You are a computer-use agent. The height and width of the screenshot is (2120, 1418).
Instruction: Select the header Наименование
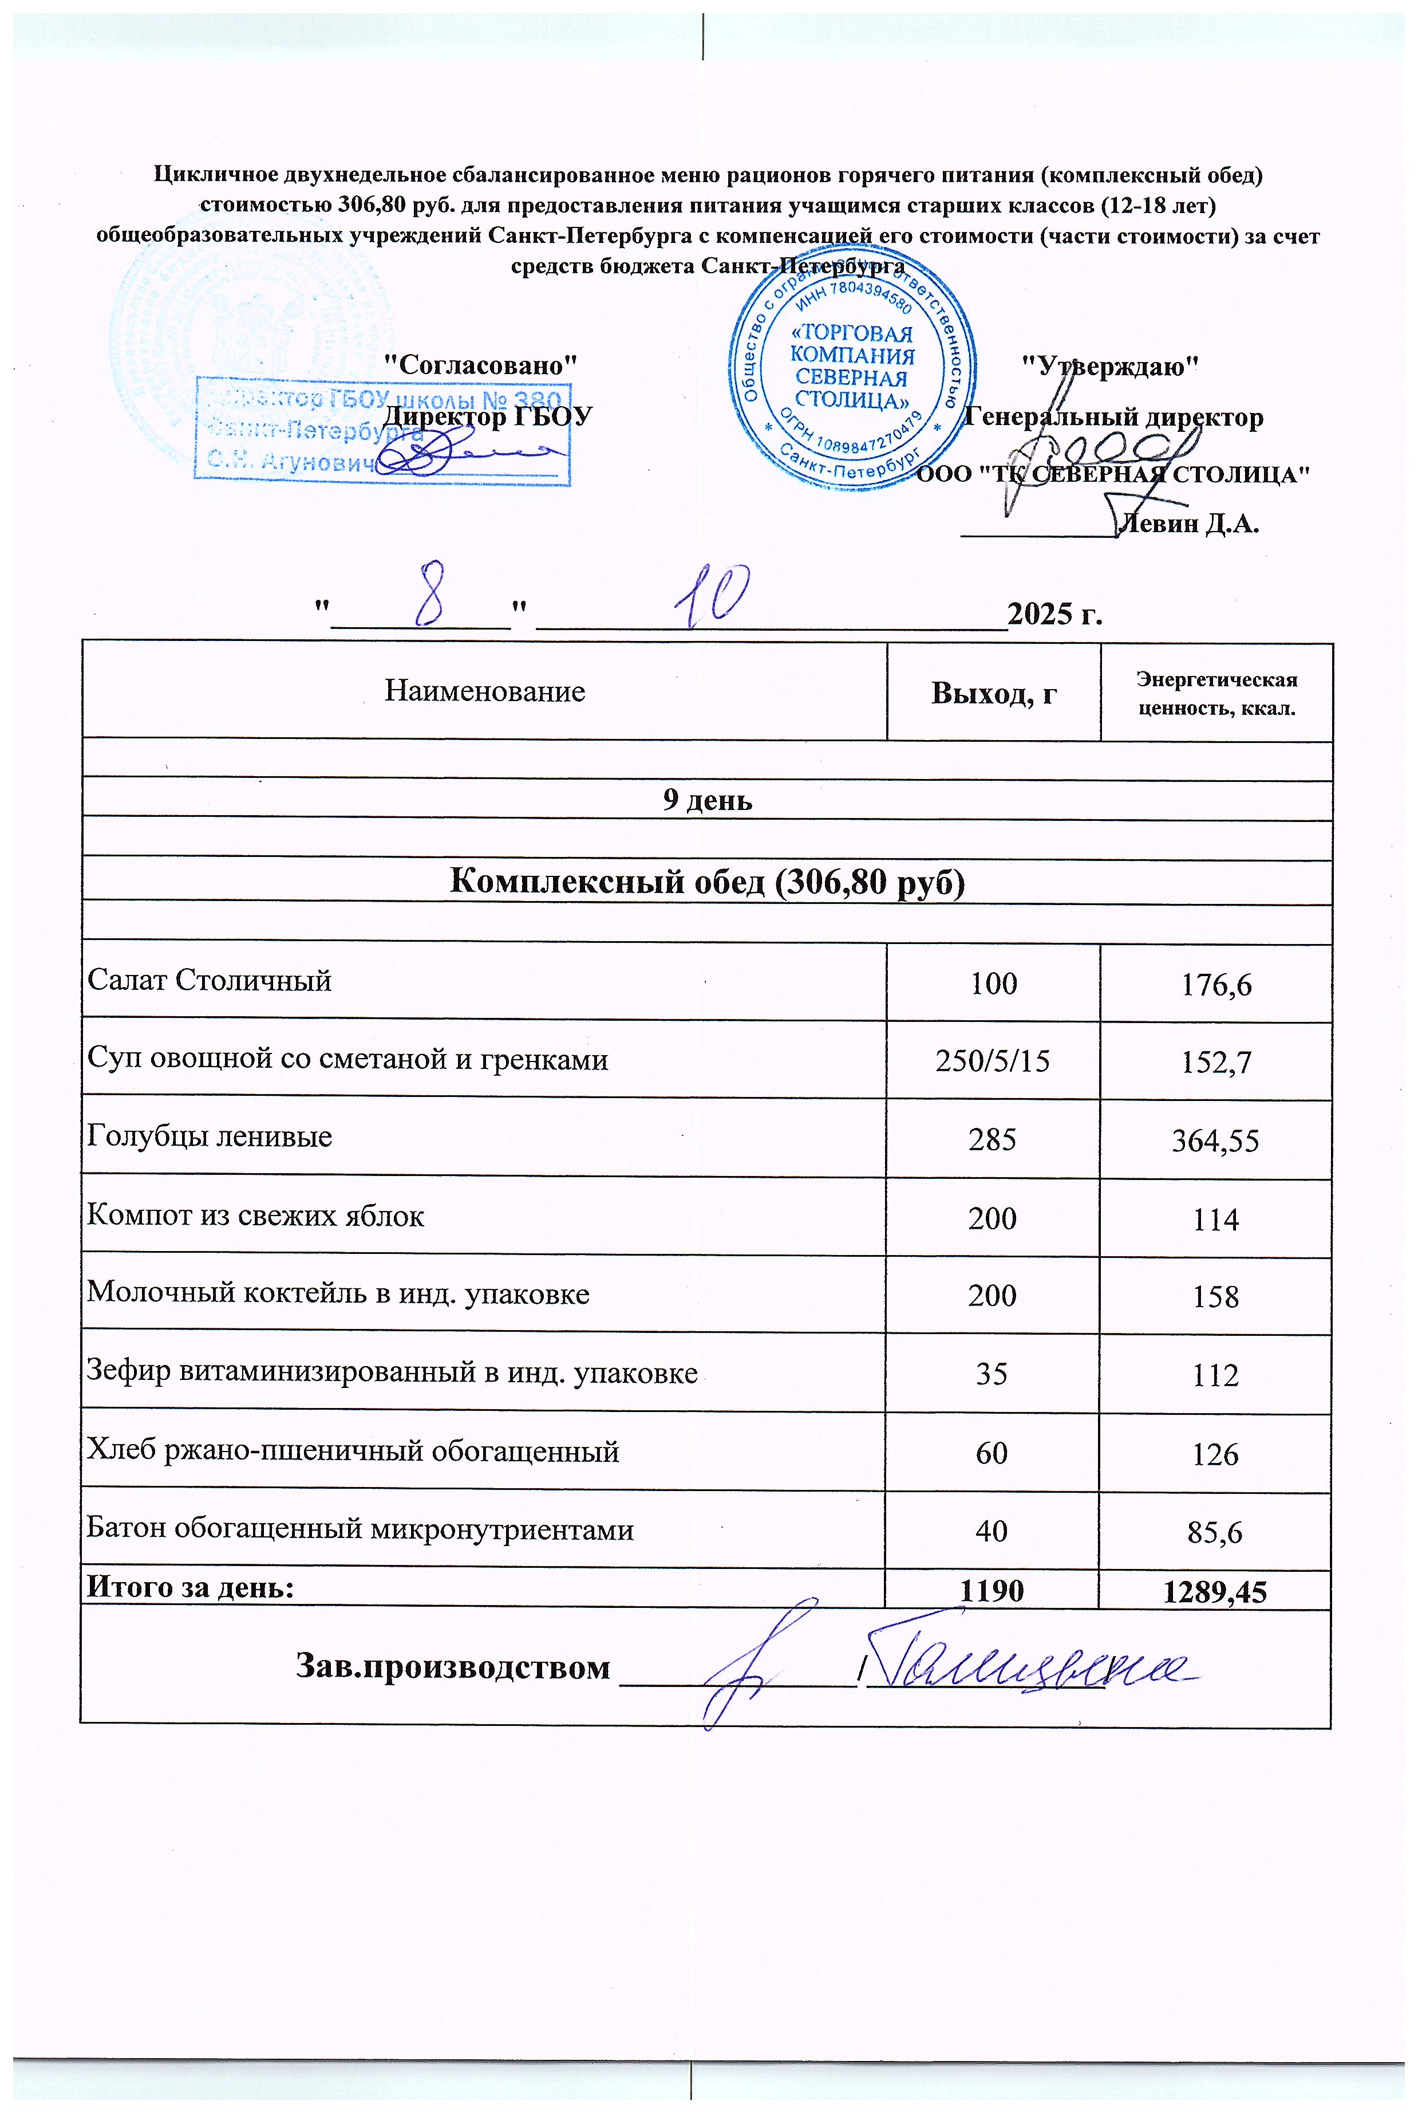tap(485, 691)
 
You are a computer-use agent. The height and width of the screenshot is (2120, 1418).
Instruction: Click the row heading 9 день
tap(707, 800)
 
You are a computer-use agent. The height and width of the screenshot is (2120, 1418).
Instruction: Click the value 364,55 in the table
tap(1215, 1141)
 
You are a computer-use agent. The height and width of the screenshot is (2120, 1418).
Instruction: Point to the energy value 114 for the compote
tap(1215, 1220)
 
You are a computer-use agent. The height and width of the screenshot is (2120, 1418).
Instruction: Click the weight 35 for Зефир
tap(992, 1374)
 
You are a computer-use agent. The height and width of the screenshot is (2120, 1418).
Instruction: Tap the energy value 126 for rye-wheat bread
tap(1215, 1454)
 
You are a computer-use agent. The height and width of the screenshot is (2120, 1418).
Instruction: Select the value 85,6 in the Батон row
tap(1215, 1532)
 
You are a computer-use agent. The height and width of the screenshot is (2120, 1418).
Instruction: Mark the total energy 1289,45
tap(1215, 1592)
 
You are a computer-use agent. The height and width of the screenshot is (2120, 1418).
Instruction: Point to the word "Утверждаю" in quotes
tap(1109, 365)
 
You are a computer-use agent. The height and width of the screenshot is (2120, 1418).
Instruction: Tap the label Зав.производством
tap(453, 1667)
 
